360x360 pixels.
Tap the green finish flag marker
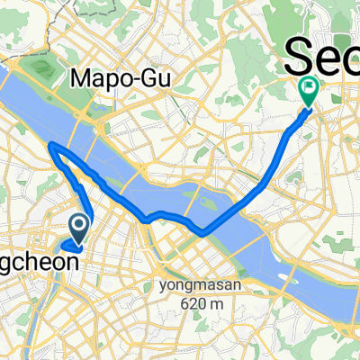(x=308, y=89)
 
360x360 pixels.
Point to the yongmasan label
(x=185, y=262)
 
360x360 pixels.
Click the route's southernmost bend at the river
(x=203, y=232)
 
